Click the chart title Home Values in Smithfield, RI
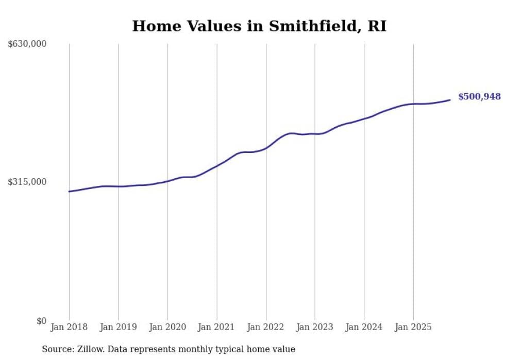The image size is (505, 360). coord(259,26)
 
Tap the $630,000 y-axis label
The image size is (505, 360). coord(27,44)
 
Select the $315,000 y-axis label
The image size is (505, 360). coord(27,182)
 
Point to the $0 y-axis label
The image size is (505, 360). coord(41,321)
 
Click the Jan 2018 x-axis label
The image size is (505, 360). coord(69,327)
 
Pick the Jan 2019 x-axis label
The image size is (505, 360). coord(118,327)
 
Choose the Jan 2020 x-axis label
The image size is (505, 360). coord(167,327)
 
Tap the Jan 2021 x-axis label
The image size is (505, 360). coord(216,327)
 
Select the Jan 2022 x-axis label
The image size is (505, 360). coord(266,327)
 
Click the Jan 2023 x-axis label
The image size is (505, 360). coord(315,327)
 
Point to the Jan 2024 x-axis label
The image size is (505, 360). coord(364,327)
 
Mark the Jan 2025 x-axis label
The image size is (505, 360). coord(413,327)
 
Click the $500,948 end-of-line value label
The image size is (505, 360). coord(479,97)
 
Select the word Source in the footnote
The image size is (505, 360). coord(55,349)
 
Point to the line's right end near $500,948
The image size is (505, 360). coord(450,100)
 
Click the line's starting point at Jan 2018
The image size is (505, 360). coord(69,192)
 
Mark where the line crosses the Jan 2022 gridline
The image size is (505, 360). coord(266,148)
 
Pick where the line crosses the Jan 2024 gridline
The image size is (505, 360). coord(364,118)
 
